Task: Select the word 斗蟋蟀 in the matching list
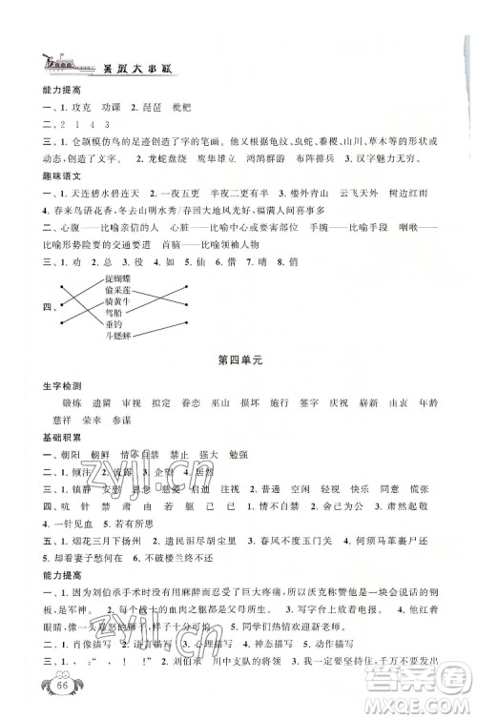click(x=122, y=335)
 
